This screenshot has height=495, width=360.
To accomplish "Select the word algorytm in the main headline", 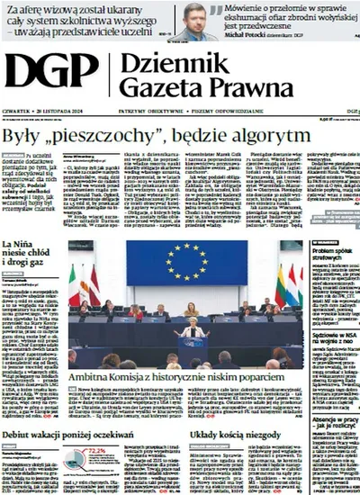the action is (269, 136).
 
